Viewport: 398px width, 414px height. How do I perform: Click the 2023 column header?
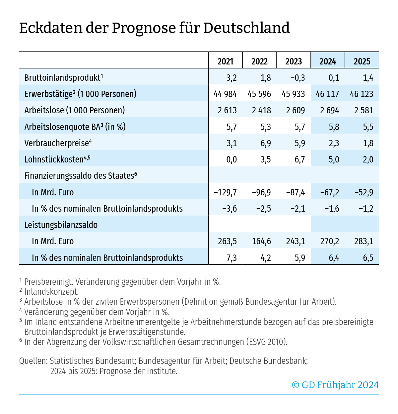[x=294, y=61]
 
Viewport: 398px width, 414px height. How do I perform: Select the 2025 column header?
[x=362, y=61]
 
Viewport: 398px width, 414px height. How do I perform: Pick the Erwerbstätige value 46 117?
[x=327, y=94]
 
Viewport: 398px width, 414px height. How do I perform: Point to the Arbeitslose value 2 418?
[x=261, y=110]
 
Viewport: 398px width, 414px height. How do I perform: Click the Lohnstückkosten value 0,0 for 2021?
[x=232, y=159]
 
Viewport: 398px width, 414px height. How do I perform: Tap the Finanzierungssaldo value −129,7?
[x=225, y=192]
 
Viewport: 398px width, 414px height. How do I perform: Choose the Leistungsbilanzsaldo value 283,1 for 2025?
[x=364, y=241]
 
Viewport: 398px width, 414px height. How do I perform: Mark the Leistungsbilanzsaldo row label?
[x=61, y=225]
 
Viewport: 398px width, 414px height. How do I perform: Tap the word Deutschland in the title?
[x=246, y=28]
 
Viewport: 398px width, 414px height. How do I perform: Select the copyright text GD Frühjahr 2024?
[x=340, y=385]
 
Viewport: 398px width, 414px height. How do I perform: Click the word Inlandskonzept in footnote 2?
[x=51, y=292]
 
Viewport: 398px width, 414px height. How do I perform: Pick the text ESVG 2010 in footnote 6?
[x=266, y=342]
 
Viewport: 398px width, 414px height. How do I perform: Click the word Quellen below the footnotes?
[x=33, y=361]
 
